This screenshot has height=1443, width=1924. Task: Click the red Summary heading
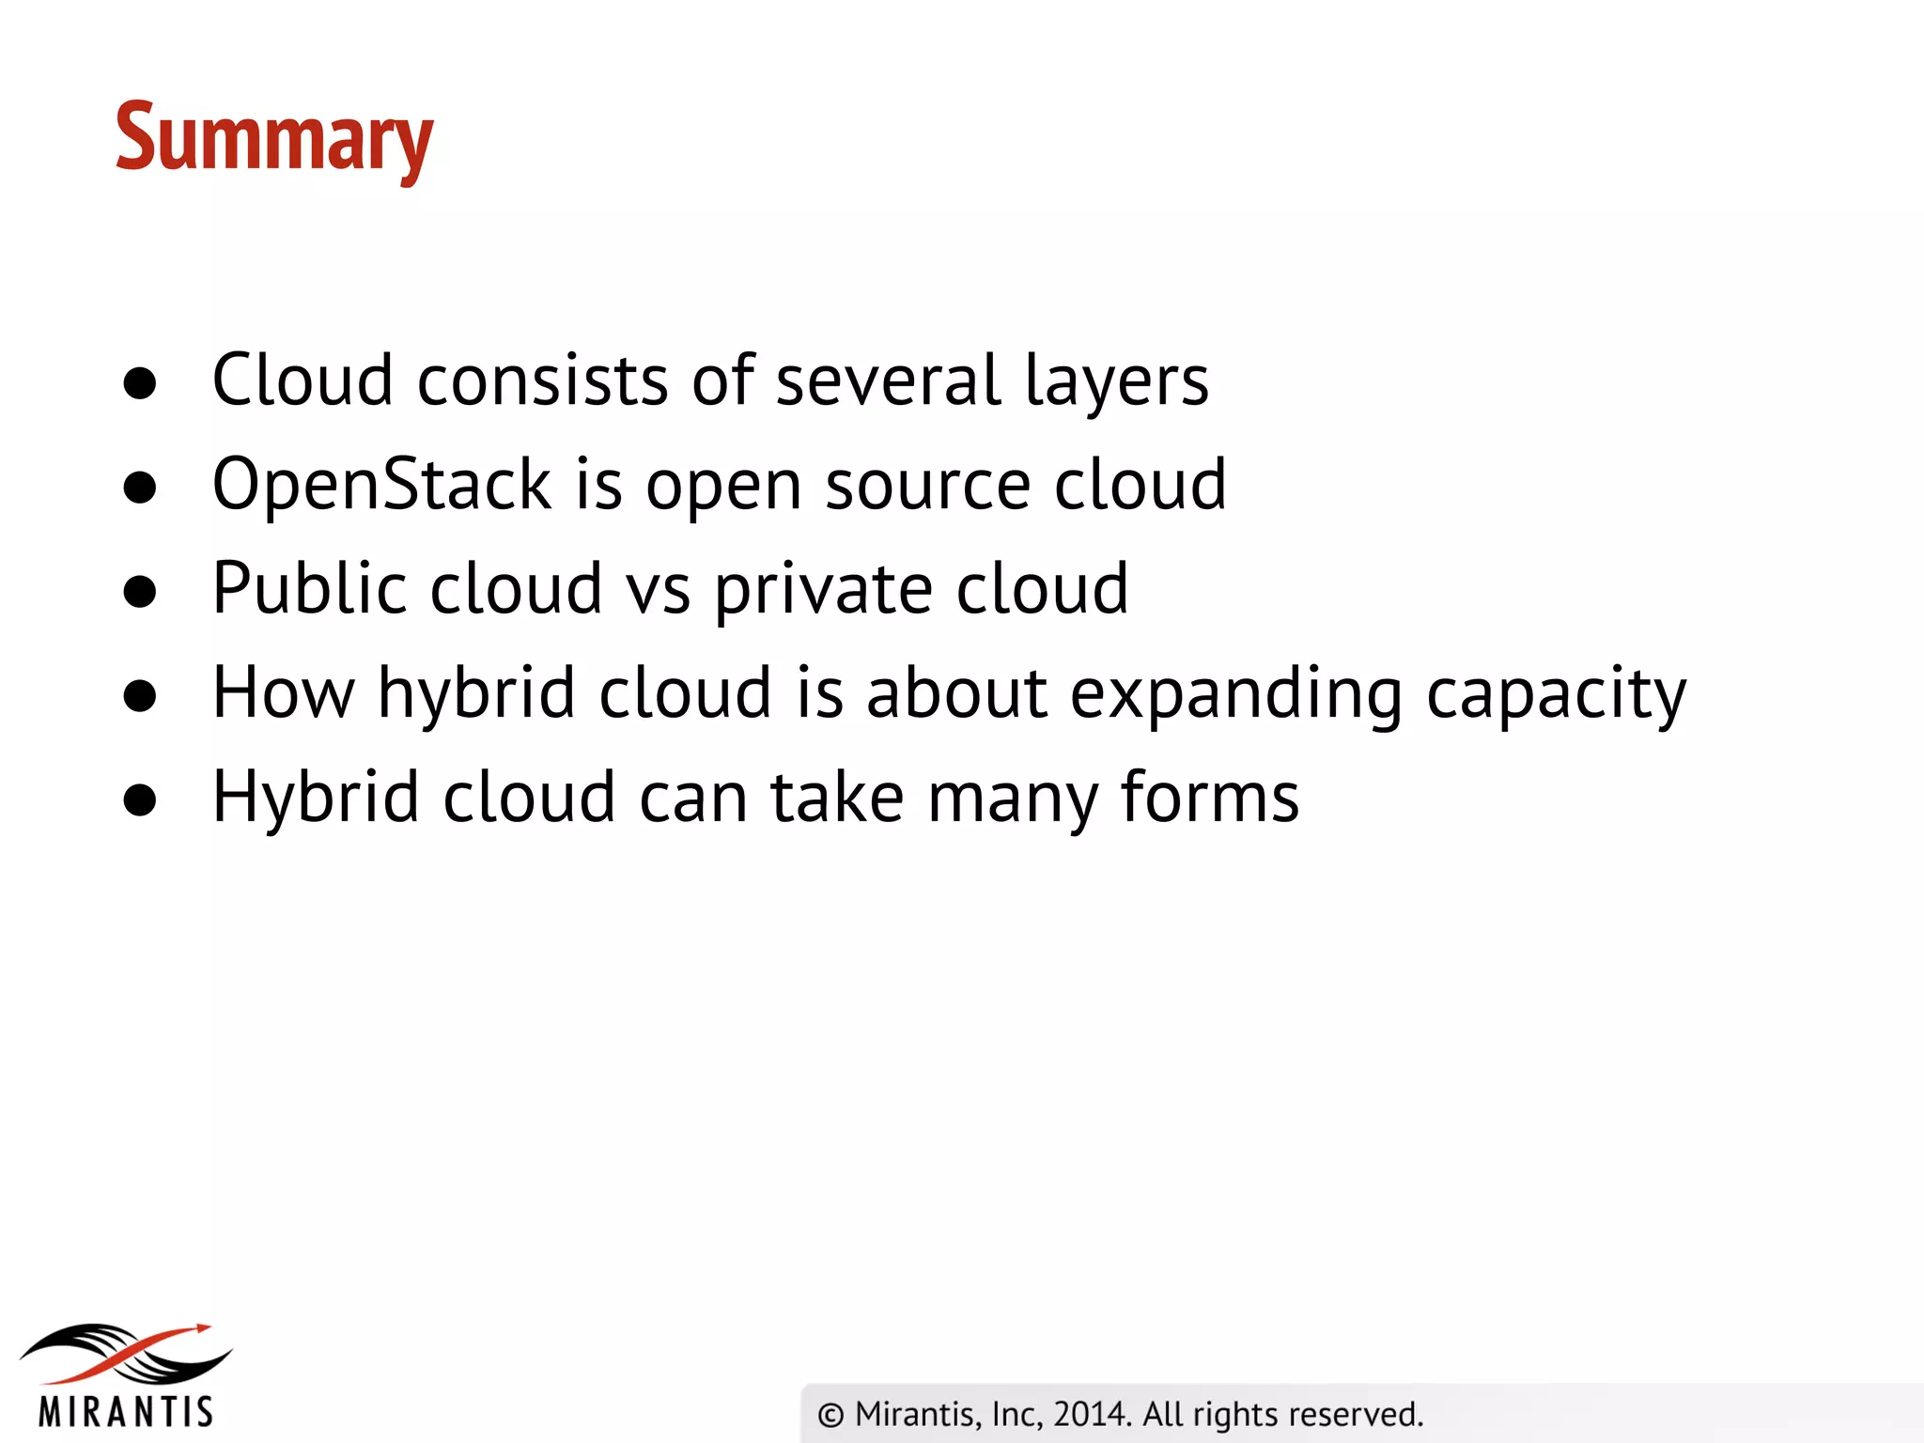point(274,139)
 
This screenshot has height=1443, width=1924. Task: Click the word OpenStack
point(381,485)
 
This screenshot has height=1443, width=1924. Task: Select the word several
point(888,380)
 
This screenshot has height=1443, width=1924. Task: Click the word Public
point(309,589)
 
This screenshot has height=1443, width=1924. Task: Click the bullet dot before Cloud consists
point(140,384)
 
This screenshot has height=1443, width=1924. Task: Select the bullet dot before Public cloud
point(140,592)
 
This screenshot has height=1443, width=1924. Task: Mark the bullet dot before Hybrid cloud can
point(140,800)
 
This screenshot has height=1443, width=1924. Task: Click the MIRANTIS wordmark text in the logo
point(126,1412)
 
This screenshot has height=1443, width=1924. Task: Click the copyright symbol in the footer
point(830,1415)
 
